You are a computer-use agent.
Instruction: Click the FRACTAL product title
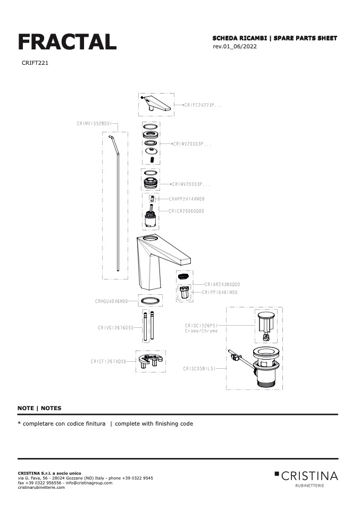tap(67, 42)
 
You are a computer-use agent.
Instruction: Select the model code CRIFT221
tap(35, 63)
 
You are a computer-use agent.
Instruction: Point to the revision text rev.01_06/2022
tap(235, 46)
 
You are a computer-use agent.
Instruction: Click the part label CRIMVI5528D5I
tap(94, 124)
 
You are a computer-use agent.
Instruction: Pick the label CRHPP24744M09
tap(187, 199)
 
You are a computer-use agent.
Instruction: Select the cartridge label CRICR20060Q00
tap(187, 211)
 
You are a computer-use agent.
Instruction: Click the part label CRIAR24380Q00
tap(222, 284)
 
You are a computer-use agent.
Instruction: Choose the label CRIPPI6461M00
tap(220, 292)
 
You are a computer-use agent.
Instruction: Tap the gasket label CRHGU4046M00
tap(112, 301)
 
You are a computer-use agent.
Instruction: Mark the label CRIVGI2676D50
tap(116, 328)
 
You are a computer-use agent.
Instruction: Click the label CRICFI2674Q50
tap(108, 362)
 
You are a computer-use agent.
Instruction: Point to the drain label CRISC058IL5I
tap(199, 368)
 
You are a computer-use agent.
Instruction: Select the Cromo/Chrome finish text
tap(202, 331)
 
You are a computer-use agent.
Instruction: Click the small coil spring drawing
tap(152, 159)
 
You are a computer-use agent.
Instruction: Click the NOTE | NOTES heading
tap(39, 409)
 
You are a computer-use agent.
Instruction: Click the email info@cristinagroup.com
tap(89, 483)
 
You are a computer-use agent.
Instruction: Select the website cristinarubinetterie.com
tap(41, 487)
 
